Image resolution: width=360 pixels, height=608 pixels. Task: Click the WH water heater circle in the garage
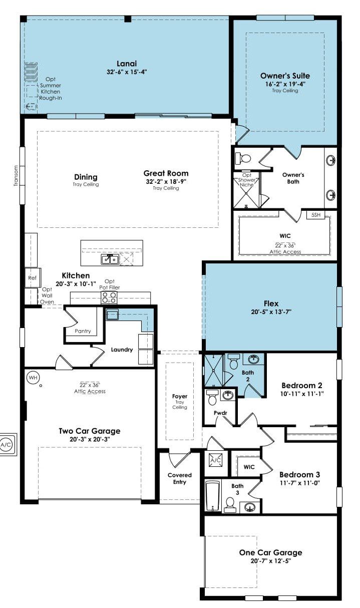(x=33, y=377)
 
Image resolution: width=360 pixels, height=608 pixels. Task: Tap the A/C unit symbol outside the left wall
(x=6, y=445)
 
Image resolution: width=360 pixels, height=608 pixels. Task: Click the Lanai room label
(x=127, y=64)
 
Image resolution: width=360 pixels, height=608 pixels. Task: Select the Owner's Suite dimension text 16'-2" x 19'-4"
(x=285, y=84)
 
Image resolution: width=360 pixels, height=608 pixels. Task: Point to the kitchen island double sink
(x=110, y=259)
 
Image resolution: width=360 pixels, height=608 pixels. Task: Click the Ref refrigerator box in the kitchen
(x=33, y=277)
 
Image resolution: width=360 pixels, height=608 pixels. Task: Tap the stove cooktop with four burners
(x=109, y=297)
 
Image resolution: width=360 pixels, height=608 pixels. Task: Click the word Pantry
(x=83, y=331)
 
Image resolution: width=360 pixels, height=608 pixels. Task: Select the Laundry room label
(x=122, y=350)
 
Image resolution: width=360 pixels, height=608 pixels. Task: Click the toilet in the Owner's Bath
(x=243, y=158)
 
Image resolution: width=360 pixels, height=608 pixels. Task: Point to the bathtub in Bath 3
(x=212, y=496)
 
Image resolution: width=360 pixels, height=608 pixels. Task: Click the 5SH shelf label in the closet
(x=316, y=215)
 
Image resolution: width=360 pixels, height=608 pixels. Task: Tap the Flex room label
(x=271, y=303)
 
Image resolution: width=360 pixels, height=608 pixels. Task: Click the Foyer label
(x=180, y=396)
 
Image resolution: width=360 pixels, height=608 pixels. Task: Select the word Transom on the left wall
(x=16, y=176)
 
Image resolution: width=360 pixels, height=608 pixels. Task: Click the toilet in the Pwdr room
(x=212, y=397)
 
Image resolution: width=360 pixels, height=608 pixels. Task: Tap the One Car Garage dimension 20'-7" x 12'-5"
(x=271, y=561)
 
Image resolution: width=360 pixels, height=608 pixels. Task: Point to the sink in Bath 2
(x=253, y=359)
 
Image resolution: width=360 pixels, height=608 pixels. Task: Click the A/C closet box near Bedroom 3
(x=216, y=460)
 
